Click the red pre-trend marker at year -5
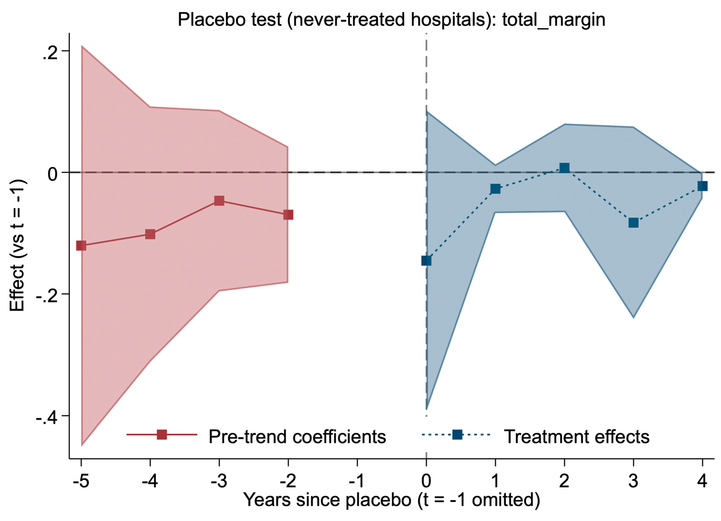pos(81,245)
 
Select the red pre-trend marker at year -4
pos(150,234)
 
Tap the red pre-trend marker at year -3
pos(219,201)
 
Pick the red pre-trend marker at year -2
pos(288,215)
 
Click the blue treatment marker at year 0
pos(426,261)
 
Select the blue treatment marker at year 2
pos(564,168)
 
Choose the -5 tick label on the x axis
pos(81,481)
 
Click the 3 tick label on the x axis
pos(633,481)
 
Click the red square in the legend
pos(162,435)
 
